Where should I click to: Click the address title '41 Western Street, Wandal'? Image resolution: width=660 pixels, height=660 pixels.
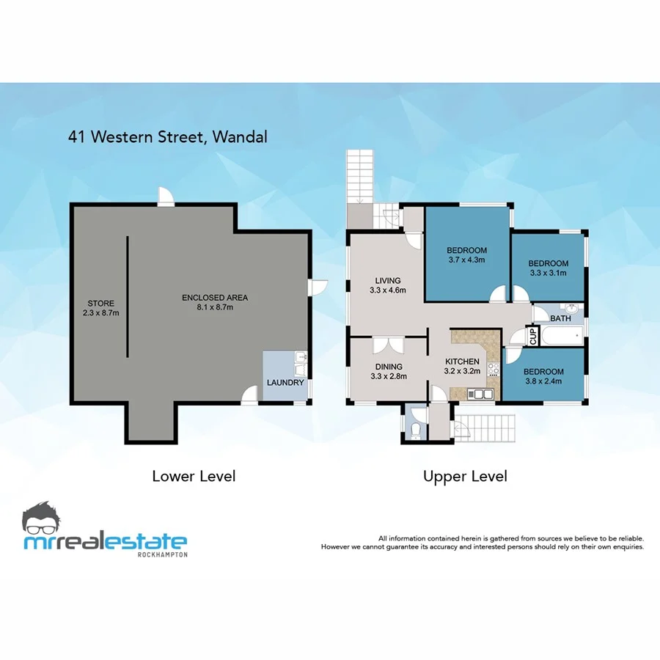(x=164, y=136)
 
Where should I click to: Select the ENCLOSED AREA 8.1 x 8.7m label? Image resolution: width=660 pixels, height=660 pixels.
(x=215, y=302)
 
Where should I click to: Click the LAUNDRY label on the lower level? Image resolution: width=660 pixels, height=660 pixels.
(x=285, y=382)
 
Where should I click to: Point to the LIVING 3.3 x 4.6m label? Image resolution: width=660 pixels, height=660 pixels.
(x=387, y=285)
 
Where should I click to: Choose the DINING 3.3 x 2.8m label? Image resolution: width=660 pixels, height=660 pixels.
(x=388, y=371)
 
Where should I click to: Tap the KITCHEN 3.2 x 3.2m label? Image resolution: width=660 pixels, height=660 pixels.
(x=463, y=366)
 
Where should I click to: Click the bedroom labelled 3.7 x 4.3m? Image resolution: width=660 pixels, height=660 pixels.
(x=466, y=254)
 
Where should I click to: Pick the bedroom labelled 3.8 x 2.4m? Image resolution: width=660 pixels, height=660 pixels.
(x=543, y=376)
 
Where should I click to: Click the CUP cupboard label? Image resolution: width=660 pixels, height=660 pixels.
(x=533, y=336)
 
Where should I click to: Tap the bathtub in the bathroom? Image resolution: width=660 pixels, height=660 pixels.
(x=560, y=337)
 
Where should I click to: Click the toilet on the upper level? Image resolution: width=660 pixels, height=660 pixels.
(x=415, y=430)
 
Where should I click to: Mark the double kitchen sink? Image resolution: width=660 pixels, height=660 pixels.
(x=481, y=395)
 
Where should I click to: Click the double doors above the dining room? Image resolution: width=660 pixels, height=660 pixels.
(x=387, y=345)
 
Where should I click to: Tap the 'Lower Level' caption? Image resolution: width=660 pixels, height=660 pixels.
(x=194, y=476)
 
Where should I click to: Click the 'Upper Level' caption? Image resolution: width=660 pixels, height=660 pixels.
(x=465, y=476)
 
